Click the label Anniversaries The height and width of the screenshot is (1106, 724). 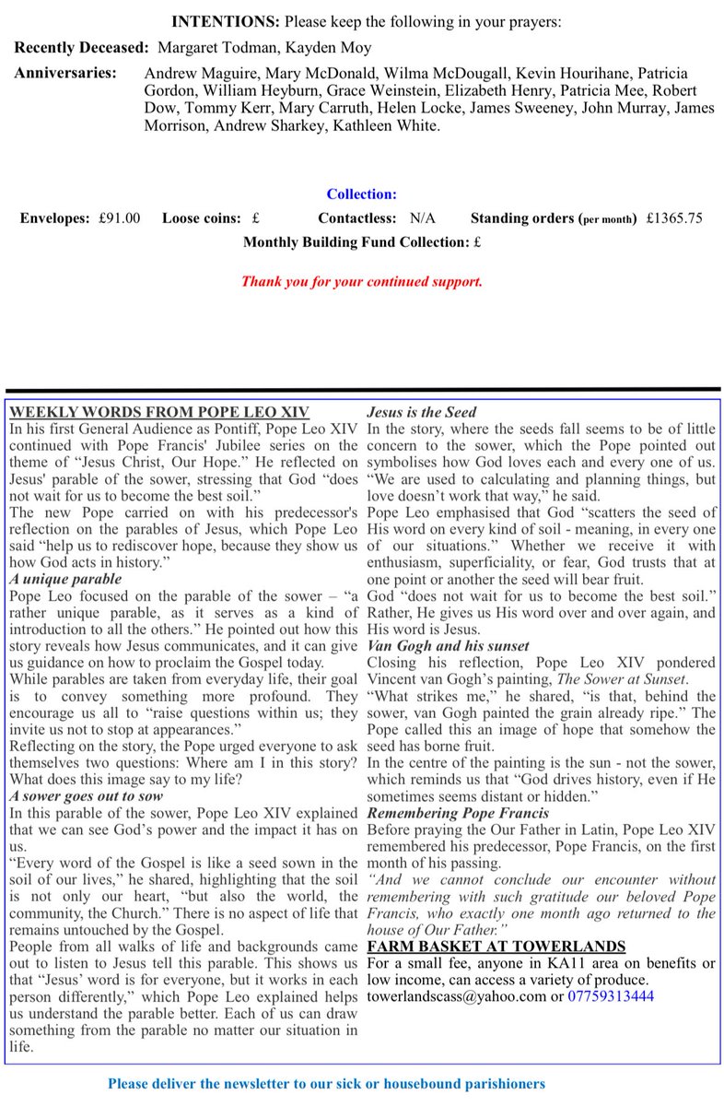[x=64, y=72]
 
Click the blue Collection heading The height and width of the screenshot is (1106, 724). [x=361, y=194]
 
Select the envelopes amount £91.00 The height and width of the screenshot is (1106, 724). [x=120, y=218]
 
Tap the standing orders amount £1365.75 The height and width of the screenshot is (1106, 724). [x=674, y=218]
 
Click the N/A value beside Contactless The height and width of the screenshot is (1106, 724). [x=423, y=218]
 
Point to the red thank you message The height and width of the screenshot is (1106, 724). [x=361, y=281]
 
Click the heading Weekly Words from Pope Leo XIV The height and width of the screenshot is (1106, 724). [x=158, y=412]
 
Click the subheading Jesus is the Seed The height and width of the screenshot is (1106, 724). [x=421, y=412]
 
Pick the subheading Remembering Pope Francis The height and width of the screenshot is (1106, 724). [x=458, y=813]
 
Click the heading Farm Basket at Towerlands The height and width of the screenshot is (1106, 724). [x=496, y=946]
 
